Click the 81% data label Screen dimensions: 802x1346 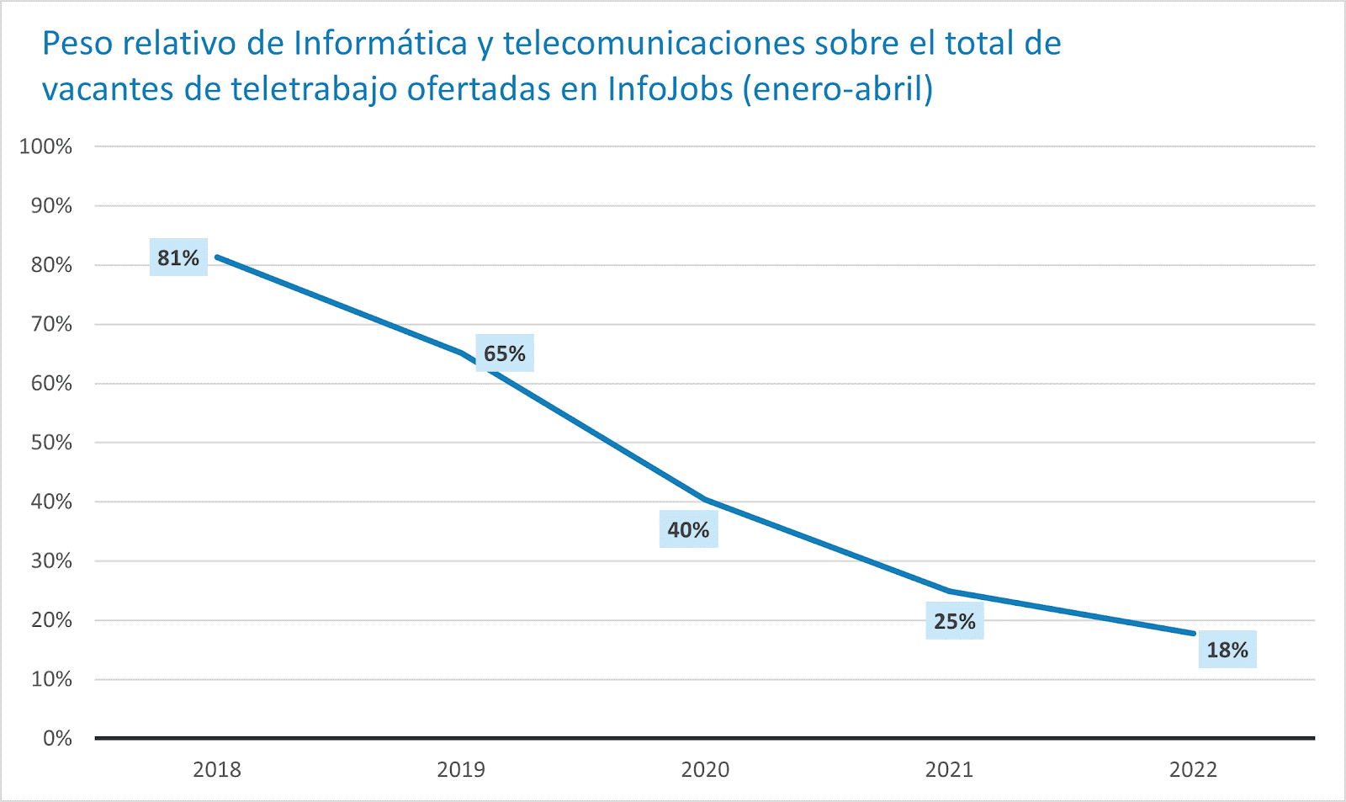tap(178, 258)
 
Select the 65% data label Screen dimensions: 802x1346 tap(505, 353)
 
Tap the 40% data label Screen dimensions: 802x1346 tap(688, 529)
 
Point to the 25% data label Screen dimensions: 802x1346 tap(955, 621)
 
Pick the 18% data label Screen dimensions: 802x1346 tap(1227, 650)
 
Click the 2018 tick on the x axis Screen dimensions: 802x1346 tap(217, 769)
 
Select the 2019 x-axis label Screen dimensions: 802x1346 tap(461, 769)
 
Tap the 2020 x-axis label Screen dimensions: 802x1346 tap(705, 769)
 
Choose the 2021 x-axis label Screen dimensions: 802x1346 tap(949, 769)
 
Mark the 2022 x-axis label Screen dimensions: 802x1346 tap(1193, 769)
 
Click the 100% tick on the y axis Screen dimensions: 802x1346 tap(46, 146)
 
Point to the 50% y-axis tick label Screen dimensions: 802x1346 tap(51, 443)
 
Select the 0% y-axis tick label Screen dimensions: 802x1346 tap(57, 738)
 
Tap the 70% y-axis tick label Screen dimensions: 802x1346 tap(51, 324)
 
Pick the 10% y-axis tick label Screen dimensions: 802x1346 tap(51, 679)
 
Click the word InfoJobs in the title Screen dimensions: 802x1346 tap(670, 88)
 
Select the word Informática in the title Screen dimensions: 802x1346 tap(380, 44)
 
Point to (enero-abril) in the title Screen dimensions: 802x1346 tap(838, 88)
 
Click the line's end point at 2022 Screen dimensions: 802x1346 tap(1193, 633)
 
